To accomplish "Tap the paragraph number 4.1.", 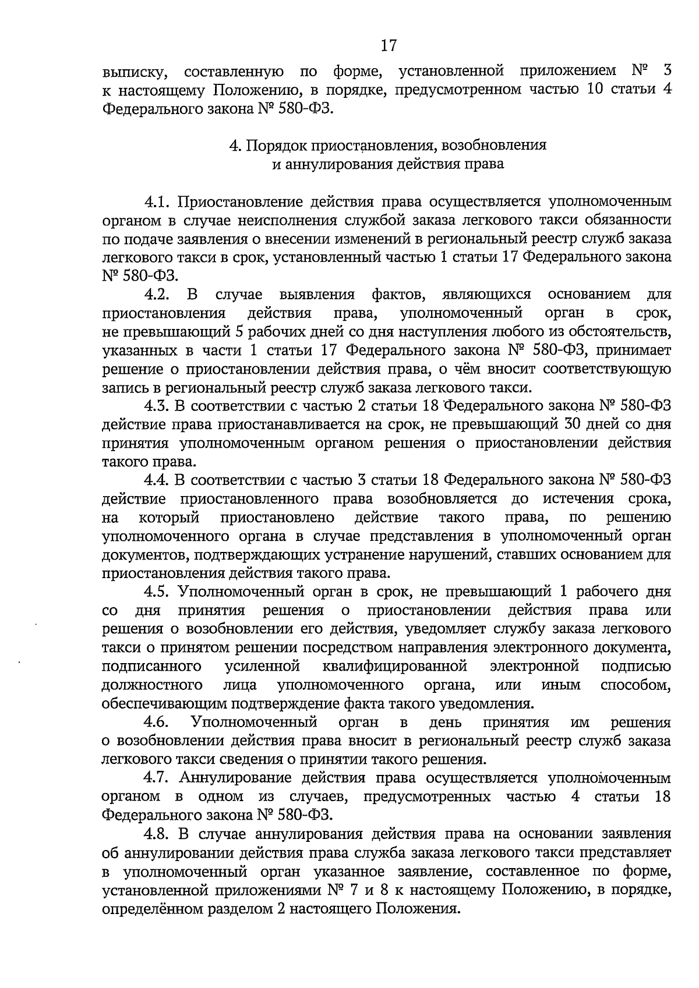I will (157, 201).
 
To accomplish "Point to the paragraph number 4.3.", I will (157, 406).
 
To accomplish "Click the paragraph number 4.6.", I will (157, 723).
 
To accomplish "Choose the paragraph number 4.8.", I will (157, 834).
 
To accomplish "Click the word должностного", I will (152, 685).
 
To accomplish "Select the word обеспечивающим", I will (164, 703).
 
